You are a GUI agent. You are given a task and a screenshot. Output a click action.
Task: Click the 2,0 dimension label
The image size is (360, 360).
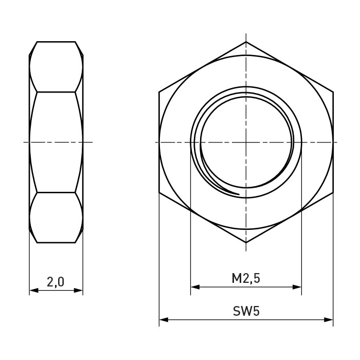point(56,282)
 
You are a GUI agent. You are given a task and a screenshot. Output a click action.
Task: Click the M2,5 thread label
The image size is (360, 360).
point(246,279)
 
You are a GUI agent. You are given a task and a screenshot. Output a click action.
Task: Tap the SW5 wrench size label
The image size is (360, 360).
point(246,311)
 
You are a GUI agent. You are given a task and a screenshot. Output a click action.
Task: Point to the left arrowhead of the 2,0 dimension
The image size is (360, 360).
point(34,291)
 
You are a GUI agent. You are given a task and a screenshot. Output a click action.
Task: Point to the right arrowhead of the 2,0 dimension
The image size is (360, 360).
point(78,291)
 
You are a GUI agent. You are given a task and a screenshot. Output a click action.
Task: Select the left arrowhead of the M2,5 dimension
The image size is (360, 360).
point(195,287)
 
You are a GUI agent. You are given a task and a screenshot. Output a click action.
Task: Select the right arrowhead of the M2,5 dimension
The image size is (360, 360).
point(297,287)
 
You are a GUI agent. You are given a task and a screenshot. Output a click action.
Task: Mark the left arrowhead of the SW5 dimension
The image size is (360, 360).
point(164,319)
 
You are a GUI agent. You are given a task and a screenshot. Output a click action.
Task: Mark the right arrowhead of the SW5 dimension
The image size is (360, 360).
point(328,319)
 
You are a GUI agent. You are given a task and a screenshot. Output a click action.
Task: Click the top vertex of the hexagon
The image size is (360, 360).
point(246,42)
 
